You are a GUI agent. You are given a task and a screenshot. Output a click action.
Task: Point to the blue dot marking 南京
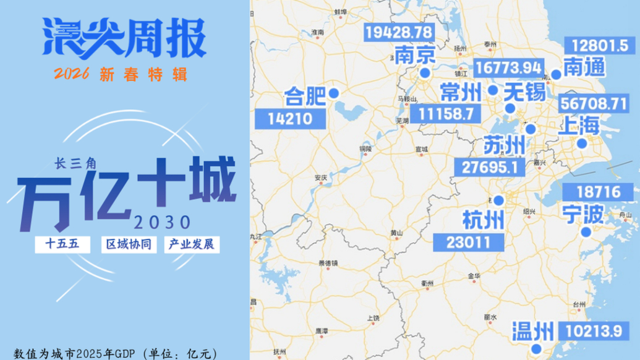point(425,73)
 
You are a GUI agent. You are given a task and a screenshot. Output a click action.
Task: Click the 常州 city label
point(460,93)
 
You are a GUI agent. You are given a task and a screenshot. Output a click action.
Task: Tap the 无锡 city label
point(524,93)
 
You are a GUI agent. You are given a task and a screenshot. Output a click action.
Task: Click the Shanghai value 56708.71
point(593,103)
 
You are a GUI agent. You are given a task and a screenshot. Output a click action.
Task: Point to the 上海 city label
point(579,126)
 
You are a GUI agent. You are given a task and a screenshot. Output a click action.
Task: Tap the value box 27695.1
point(489,167)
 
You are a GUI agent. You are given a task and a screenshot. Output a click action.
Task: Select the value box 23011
point(467,242)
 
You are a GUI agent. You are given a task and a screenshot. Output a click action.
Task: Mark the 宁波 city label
point(582,214)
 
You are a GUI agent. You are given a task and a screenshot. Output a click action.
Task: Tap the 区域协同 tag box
point(129,244)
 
